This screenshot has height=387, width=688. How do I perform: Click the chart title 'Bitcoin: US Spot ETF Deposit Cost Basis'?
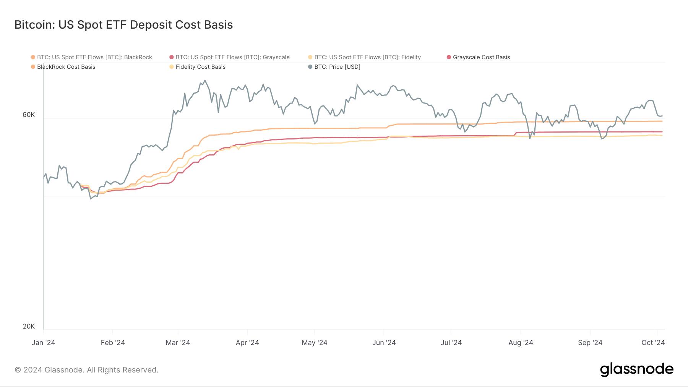pyautogui.click(x=123, y=25)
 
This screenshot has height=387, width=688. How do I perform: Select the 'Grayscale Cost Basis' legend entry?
pyautogui.click(x=481, y=57)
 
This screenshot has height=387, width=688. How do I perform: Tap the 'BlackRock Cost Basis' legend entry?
pyautogui.click(x=66, y=67)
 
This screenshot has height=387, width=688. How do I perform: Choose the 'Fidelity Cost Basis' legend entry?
pyautogui.click(x=200, y=67)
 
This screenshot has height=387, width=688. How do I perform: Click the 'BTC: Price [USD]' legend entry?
pyautogui.click(x=337, y=67)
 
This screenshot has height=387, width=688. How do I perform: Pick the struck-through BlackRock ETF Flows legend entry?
pyautogui.click(x=94, y=57)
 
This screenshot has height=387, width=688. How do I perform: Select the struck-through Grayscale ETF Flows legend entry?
pyautogui.click(x=232, y=57)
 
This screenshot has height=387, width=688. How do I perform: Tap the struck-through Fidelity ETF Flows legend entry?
pyautogui.click(x=367, y=57)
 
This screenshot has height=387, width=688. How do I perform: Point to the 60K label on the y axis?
pyautogui.click(x=29, y=115)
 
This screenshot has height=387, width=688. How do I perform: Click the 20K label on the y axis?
pyautogui.click(x=29, y=326)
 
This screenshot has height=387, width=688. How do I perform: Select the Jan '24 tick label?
pyautogui.click(x=43, y=343)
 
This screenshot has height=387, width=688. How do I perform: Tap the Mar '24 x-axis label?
pyautogui.click(x=178, y=343)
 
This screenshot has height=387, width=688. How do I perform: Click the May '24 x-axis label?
pyautogui.click(x=314, y=343)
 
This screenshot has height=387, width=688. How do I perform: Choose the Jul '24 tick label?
pyautogui.click(x=451, y=343)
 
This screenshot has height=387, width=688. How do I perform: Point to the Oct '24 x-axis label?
pyautogui.click(x=653, y=343)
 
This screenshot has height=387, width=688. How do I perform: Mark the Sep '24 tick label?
pyautogui.click(x=590, y=343)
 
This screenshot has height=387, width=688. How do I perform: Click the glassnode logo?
pyautogui.click(x=636, y=369)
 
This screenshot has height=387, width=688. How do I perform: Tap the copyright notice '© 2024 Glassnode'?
pyautogui.click(x=86, y=370)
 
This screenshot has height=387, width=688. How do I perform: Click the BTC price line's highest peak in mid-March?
pyautogui.click(x=205, y=80)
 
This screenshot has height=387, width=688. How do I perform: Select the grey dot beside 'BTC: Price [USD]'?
pyautogui.click(x=310, y=67)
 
